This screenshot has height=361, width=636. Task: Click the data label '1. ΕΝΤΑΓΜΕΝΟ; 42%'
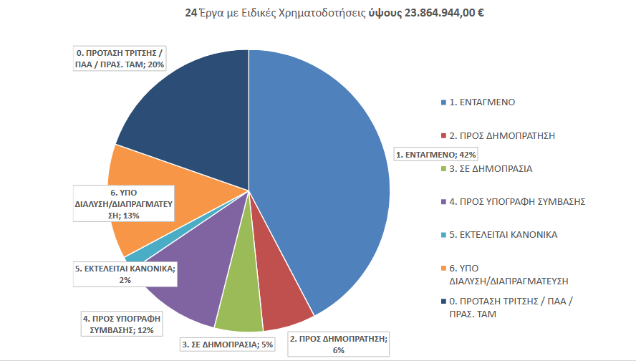pyautogui.click(x=435, y=154)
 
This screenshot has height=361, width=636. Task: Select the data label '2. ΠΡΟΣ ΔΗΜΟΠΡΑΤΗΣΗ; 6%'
pyautogui.click(x=338, y=344)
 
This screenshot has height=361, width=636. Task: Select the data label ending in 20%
pyautogui.click(x=120, y=59)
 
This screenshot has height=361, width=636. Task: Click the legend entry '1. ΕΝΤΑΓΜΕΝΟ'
pyautogui.click(x=481, y=102)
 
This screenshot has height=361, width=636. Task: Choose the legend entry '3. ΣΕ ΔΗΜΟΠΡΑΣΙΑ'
pyautogui.click(x=491, y=168)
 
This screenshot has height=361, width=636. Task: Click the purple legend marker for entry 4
pyautogui.click(x=443, y=202)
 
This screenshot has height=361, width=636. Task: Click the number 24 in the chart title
pyautogui.click(x=191, y=14)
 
